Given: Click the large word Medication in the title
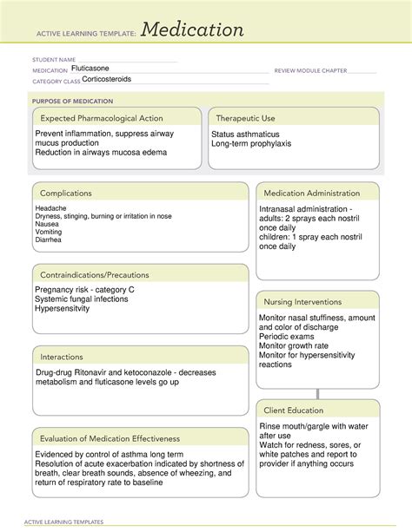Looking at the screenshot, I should [x=192, y=30].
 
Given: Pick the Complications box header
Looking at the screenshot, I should [x=66, y=194].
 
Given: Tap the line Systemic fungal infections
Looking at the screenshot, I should [x=82, y=299].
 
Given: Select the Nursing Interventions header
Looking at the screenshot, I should [x=303, y=301].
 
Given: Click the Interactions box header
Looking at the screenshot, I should [x=62, y=357].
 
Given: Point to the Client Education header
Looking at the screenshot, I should [x=294, y=410].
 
